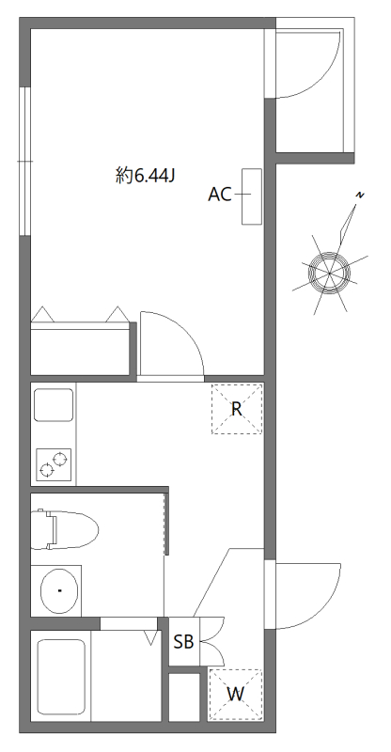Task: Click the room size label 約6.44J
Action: pyautogui.click(x=145, y=177)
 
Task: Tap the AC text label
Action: pyautogui.click(x=220, y=195)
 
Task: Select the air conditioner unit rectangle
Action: pyautogui.click(x=251, y=196)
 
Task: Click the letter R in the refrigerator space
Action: pyautogui.click(x=236, y=409)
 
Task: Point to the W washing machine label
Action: pyautogui.click(x=235, y=694)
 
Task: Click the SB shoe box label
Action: pyautogui.click(x=183, y=641)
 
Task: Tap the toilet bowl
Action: pyautogui.click(x=64, y=530)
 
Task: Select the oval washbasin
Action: pyautogui.click(x=59, y=590)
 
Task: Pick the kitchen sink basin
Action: pyautogui.click(x=54, y=405)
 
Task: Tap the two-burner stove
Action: pyautogui.click(x=54, y=464)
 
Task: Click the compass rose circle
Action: pyautogui.click(x=329, y=274)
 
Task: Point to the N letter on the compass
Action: pyautogui.click(x=360, y=195)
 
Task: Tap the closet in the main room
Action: pyautogui.click(x=81, y=349)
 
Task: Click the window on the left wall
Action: pyautogui.click(x=25, y=161)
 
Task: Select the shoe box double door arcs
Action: pyautogui.click(x=213, y=641)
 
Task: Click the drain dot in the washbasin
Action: pyautogui.click(x=59, y=590)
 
